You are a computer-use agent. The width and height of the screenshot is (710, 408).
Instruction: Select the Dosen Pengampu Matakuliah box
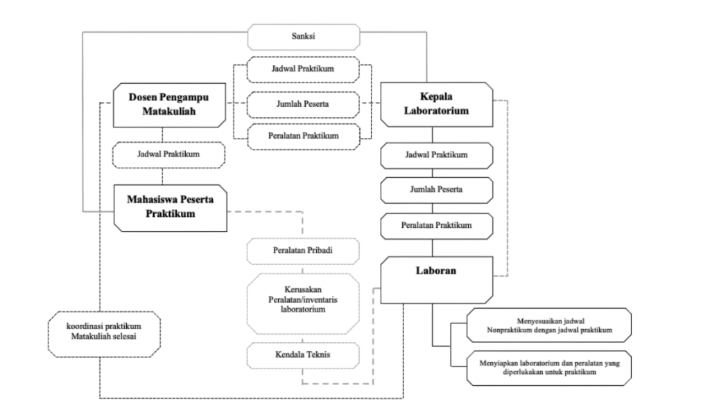[x=169, y=105]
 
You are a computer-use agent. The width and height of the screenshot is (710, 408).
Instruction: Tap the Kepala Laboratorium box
[x=436, y=104]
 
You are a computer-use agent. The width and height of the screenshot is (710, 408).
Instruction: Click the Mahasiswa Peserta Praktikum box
[x=170, y=206]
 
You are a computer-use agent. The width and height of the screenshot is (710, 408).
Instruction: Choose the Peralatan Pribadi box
[x=303, y=250]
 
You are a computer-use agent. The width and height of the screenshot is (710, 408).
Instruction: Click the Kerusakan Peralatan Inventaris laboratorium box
[x=303, y=298]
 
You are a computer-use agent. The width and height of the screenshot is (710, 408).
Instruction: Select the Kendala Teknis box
[x=303, y=355]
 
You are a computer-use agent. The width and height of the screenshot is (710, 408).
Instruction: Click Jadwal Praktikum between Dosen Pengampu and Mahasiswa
[x=169, y=154]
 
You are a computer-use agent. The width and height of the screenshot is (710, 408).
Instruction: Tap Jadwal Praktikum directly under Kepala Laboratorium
[x=436, y=154]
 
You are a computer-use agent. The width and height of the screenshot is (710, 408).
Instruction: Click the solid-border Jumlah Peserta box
[x=436, y=189]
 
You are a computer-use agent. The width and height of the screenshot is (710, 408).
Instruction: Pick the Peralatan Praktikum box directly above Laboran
[x=436, y=224]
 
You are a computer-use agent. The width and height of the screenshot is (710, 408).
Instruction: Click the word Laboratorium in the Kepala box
[x=436, y=111]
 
